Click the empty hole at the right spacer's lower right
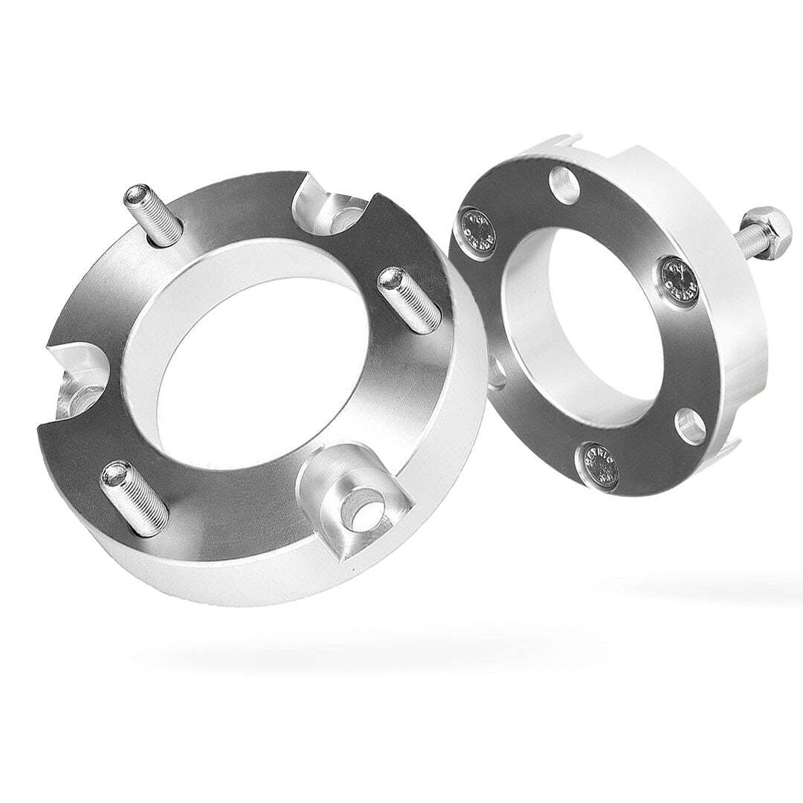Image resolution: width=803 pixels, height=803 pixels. [x=690, y=426]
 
